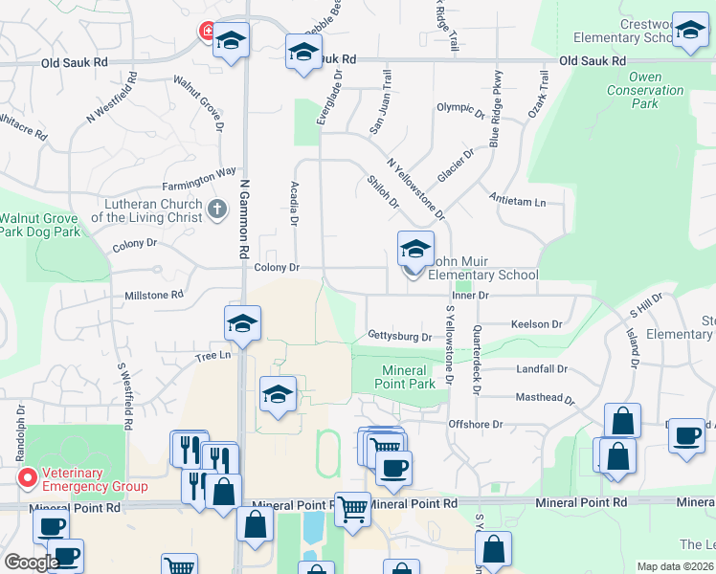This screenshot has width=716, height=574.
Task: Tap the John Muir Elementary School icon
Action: pyautogui.click(x=415, y=251)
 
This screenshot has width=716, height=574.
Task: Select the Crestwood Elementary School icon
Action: pyautogui.click(x=689, y=31)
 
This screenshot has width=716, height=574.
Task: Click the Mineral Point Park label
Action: pyautogui.click(x=409, y=377)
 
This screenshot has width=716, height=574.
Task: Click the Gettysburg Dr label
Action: pyautogui.click(x=399, y=336)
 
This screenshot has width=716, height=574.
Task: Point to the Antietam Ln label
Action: pyautogui.click(x=517, y=203)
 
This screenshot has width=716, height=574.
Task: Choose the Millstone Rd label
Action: pyautogui.click(x=153, y=296)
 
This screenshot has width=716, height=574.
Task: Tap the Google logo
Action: pyautogui.click(x=32, y=563)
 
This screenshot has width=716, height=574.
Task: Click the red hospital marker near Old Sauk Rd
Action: pyautogui.click(x=206, y=32)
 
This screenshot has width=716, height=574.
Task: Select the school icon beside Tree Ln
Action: pyautogui.click(x=243, y=323)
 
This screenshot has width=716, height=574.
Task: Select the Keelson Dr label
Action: pyautogui.click(x=536, y=324)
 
